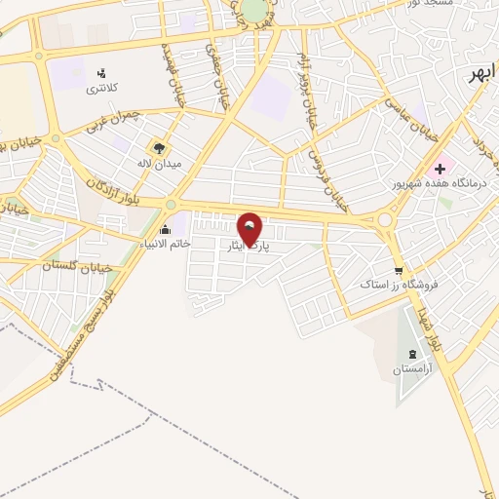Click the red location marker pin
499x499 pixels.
tap(250, 228)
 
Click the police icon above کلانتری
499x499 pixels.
tap(101, 73)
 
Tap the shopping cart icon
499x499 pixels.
tap(398, 270)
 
